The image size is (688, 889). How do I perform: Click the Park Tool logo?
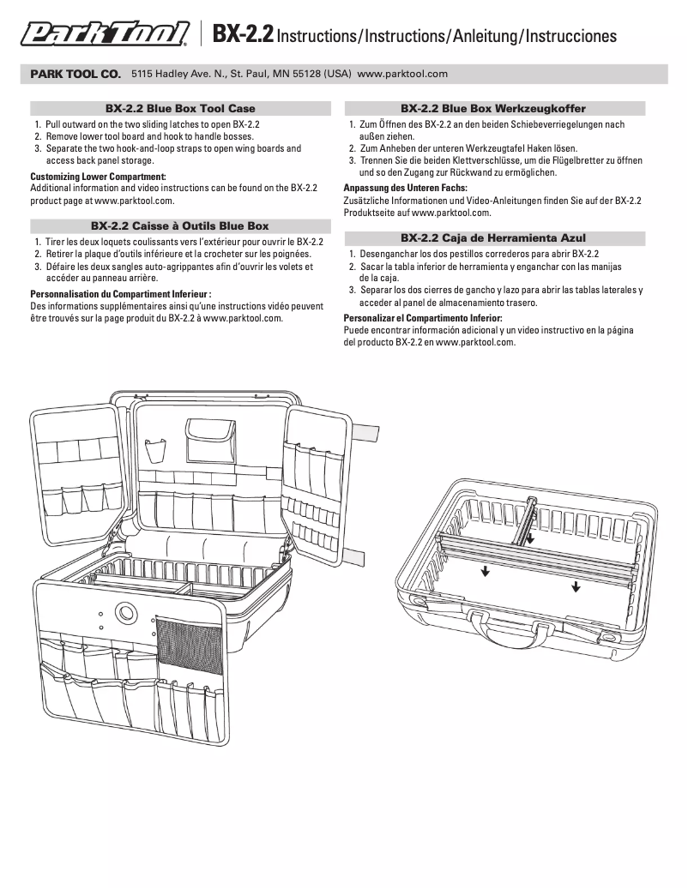coord(105,34)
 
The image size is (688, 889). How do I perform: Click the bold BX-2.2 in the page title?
coord(243,35)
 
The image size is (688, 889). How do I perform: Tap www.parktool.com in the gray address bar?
coord(402,74)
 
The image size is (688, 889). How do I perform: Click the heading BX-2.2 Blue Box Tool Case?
coord(180,109)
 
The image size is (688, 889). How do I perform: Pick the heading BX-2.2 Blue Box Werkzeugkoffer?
coord(493,109)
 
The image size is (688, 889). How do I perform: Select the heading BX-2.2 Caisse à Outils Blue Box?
coord(180,226)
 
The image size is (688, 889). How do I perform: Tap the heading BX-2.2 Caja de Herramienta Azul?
coord(493,237)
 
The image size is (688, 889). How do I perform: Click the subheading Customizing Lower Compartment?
coord(98,177)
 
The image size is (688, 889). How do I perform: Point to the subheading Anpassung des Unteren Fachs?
coord(405,187)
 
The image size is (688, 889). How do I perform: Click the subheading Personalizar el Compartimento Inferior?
coord(423,318)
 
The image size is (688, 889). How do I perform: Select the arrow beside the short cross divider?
coord(530,539)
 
